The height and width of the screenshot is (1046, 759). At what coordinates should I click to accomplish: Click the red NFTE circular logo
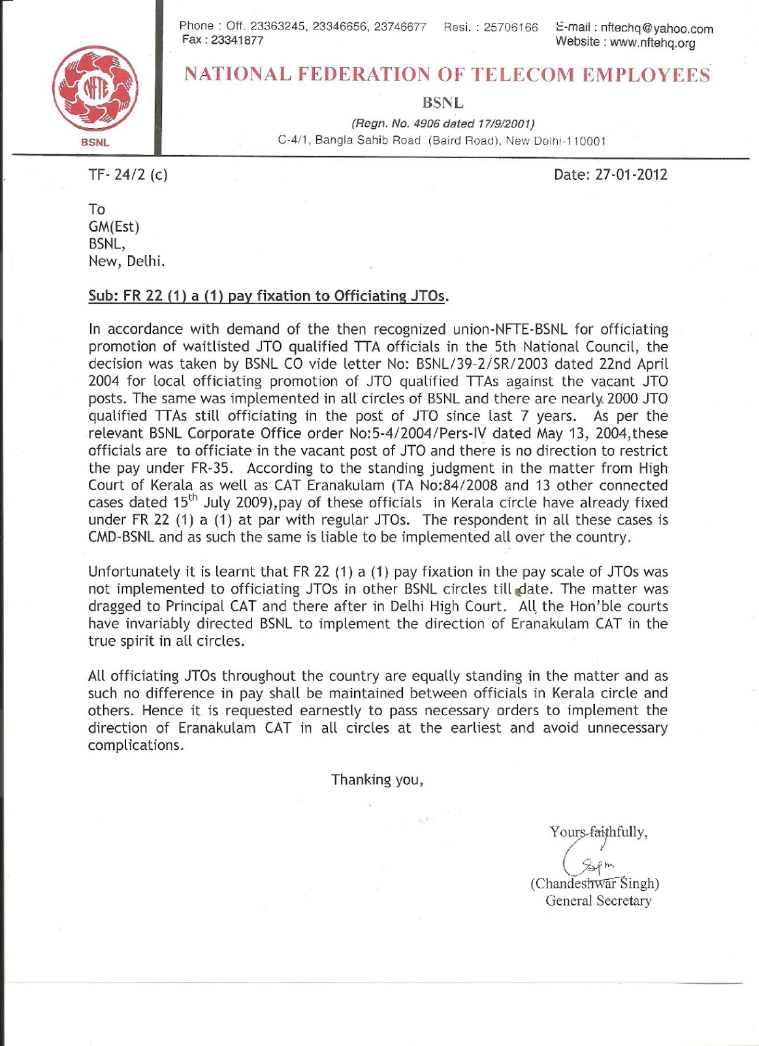[95, 87]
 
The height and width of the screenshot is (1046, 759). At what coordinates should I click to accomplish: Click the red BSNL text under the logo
[95, 143]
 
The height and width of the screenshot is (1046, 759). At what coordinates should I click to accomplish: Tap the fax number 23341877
[238, 41]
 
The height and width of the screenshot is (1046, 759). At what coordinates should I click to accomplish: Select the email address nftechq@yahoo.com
[656, 28]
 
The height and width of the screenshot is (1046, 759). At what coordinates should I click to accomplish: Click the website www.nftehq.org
[653, 43]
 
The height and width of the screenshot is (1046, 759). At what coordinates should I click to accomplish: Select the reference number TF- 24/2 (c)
[128, 175]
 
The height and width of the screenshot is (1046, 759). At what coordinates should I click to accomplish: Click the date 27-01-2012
[630, 175]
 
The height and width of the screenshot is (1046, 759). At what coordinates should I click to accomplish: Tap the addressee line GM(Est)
[114, 227]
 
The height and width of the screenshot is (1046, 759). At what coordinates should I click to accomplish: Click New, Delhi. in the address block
[127, 261]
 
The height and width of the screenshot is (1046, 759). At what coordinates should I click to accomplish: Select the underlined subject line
[268, 296]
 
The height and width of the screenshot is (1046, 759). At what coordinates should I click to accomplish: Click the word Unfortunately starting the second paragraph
[133, 572]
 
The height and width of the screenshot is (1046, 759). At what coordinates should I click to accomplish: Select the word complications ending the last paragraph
[135, 745]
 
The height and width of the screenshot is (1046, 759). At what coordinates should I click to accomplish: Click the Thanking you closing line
[377, 780]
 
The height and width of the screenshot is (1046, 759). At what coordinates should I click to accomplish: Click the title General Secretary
[598, 901]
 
